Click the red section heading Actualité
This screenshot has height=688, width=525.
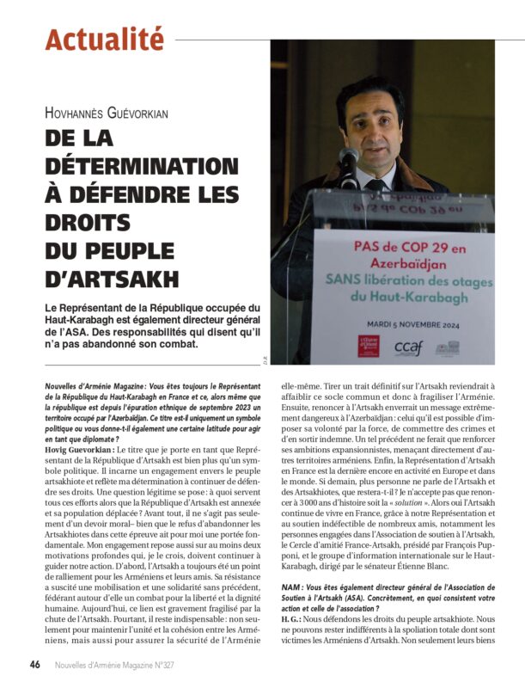pyautogui.click(x=104, y=39)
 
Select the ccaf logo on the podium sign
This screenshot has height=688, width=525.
pyautogui.click(x=406, y=347)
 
